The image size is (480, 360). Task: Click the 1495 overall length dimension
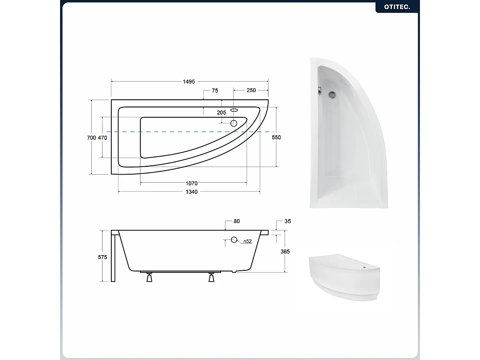tap(189, 82)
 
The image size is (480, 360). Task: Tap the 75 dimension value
tap(215, 91)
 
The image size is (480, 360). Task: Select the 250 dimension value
tap(251, 91)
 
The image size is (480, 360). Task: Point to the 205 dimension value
tap(221, 113)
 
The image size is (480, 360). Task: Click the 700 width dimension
tap(91, 138)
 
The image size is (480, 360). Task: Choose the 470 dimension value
tap(102, 138)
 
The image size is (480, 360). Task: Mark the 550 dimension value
tap(276, 137)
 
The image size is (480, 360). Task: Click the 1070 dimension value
tap(191, 183)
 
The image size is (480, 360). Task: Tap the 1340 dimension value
tap(191, 192)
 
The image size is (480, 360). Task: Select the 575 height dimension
tap(102, 257)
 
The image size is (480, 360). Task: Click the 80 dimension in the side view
tap(236, 221)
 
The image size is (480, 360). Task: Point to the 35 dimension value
tap(287, 221)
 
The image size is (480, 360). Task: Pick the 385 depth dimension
tap(285, 251)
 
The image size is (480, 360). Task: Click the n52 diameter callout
tap(247, 241)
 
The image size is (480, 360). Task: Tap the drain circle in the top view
tap(234, 124)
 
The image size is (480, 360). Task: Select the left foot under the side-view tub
tap(149, 278)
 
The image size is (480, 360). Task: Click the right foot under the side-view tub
tap(212, 278)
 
